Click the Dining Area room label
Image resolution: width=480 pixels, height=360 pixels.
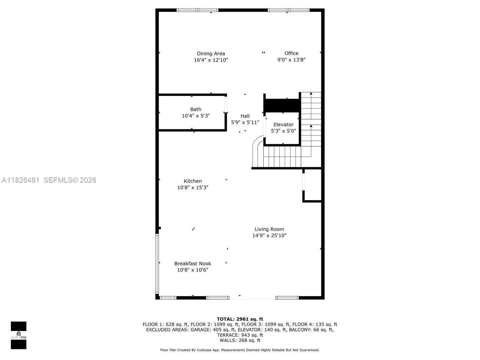click(211, 54)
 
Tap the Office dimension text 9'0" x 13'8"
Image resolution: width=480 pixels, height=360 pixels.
click(291, 60)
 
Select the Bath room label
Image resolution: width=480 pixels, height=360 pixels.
click(196, 109)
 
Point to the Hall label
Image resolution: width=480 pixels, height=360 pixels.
click(245, 116)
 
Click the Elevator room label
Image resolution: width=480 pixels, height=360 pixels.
click(283, 124)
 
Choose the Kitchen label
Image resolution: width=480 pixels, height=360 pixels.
click(193, 181)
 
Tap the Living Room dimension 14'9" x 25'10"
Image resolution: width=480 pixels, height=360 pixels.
click(269, 235)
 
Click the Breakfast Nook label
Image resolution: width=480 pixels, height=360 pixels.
click(193, 264)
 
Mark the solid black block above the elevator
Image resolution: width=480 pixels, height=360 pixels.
click(282, 105)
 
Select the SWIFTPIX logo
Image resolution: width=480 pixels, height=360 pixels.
click(18, 335)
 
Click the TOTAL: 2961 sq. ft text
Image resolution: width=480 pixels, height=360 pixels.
click(240, 319)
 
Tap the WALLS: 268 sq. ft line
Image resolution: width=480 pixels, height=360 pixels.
click(240, 340)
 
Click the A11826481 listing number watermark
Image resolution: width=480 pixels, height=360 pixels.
click(21, 180)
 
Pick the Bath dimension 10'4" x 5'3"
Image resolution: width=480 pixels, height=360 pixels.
click(196, 116)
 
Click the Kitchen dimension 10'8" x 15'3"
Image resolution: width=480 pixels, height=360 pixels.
click(193, 187)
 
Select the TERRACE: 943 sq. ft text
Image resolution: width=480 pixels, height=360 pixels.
click(240, 335)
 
